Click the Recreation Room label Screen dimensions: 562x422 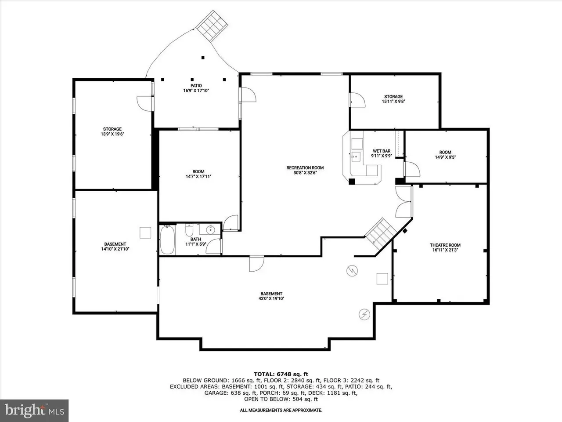pos(305,168)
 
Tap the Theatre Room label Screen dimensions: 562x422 pos(445,245)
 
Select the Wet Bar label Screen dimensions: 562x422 pos(382,151)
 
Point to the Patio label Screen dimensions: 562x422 pos(196,86)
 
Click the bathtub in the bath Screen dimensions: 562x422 pos(167,240)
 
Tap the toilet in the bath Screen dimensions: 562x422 pos(189,230)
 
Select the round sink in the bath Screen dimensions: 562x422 pos(210,229)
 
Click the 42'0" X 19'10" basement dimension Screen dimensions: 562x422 pos(271,298)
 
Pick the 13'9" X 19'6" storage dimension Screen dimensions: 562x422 pos(112,134)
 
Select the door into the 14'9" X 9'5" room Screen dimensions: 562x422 pos(412,169)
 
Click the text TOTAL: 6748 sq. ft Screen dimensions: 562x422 pos(281,375)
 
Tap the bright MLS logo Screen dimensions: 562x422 pos(34,411)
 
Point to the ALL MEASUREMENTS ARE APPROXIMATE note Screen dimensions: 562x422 pos(281,410)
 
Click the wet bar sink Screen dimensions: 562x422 pos(356,156)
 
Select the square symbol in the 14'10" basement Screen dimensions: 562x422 pos(145,233)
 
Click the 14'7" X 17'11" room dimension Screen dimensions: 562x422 pos(198,176)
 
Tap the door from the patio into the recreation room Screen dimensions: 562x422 pos(248,95)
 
